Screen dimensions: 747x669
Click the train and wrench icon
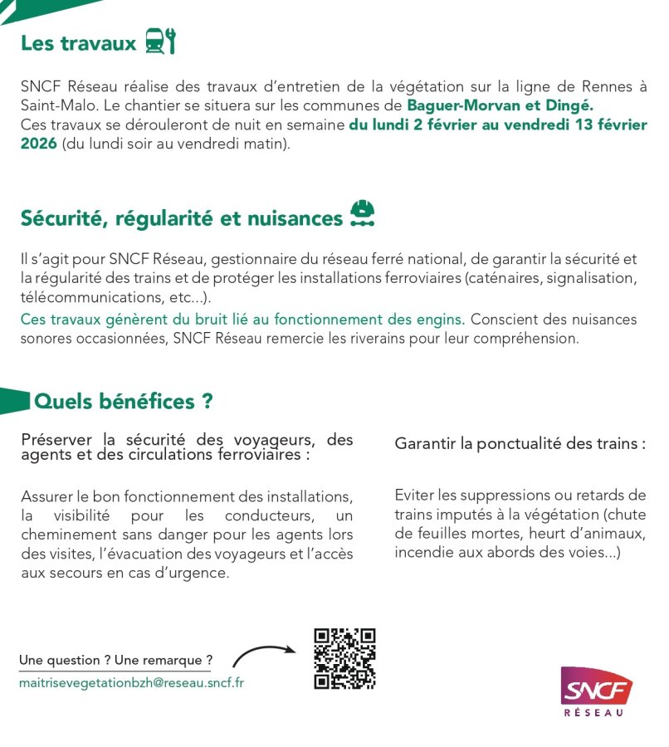click(160, 41)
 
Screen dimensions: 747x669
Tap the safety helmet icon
click(362, 214)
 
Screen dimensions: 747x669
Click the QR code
click(344, 659)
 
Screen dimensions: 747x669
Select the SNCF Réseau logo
click(594, 691)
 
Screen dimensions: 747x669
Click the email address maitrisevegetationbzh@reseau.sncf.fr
click(131, 682)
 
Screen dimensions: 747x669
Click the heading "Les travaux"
click(79, 43)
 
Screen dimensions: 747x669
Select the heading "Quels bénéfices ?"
click(123, 402)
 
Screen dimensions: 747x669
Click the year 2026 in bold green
click(39, 144)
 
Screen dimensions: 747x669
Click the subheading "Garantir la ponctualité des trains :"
click(520, 443)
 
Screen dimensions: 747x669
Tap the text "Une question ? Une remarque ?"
click(115, 661)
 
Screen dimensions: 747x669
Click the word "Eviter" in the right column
click(414, 496)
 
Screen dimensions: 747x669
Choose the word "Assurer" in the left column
click(48, 496)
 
